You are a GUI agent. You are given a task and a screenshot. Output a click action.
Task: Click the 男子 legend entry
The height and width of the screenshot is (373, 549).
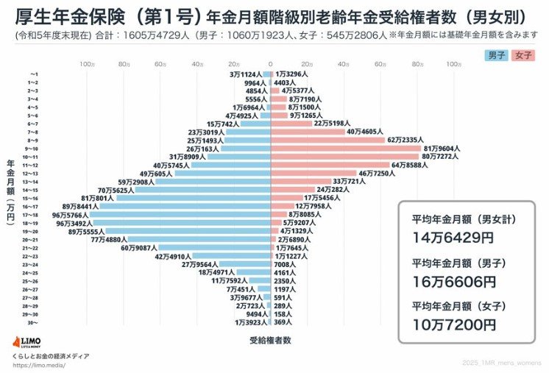click(495, 55)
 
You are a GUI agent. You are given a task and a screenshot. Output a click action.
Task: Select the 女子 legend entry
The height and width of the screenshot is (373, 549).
click(524, 55)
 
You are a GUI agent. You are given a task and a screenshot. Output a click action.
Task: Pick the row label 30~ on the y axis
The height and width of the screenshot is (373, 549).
click(32, 322)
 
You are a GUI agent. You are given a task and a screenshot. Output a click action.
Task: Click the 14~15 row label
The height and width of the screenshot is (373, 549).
click(32, 189)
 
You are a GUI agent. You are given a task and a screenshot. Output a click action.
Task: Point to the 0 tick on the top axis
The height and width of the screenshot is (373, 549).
click(270, 65)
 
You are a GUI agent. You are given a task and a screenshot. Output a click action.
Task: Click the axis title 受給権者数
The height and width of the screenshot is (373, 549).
click(270, 340)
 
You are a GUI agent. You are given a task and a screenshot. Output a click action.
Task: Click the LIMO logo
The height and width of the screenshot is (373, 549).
click(28, 343)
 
